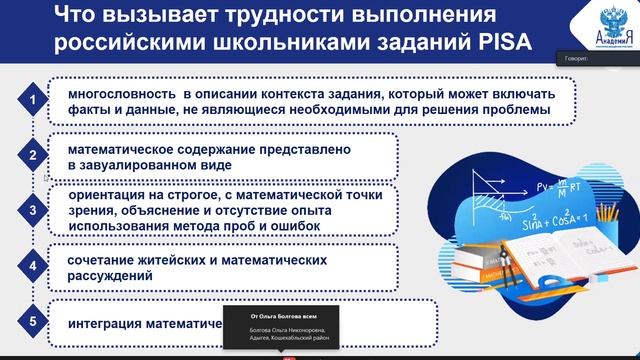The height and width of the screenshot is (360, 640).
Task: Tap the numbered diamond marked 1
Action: pyautogui.click(x=34, y=99)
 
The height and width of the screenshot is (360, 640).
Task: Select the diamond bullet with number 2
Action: pyautogui.click(x=34, y=155)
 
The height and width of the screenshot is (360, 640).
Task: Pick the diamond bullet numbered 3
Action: pyautogui.click(x=34, y=210)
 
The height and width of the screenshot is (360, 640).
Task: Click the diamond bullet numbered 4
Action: pyautogui.click(x=34, y=267)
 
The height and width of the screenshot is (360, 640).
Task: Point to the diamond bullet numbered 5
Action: pyautogui.click(x=34, y=323)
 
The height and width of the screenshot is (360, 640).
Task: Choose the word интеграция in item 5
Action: pyautogui.click(x=105, y=324)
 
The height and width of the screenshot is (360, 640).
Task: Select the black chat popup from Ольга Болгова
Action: pyautogui.click(x=284, y=325)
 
